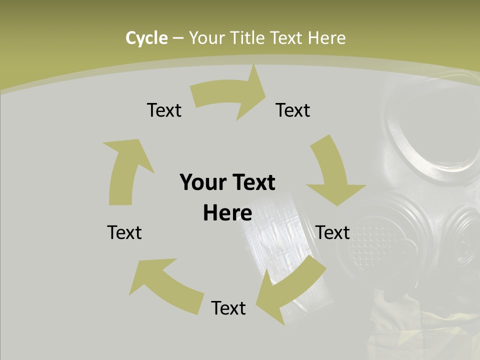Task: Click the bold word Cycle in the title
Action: point(146,38)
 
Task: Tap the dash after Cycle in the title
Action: point(177,38)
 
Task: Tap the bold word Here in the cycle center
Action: point(227,213)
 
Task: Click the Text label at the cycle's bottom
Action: point(228,308)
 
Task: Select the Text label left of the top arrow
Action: point(164,110)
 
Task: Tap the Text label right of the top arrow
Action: point(293,110)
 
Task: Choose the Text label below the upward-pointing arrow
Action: point(124,232)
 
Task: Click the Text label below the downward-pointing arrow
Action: point(333,232)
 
